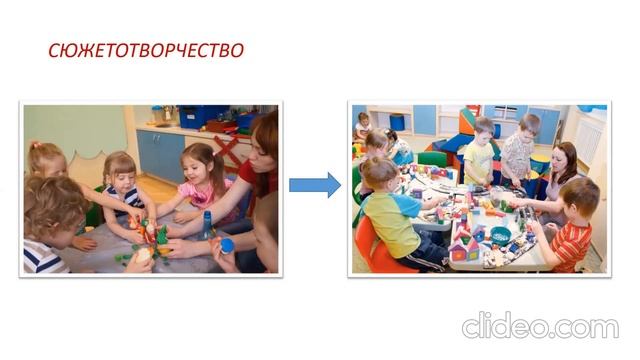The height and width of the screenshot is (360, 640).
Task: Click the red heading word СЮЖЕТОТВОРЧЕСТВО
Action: pyautogui.click(x=146, y=50)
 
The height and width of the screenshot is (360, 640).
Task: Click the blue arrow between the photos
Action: pyautogui.click(x=314, y=185)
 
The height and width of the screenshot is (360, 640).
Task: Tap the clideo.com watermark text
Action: pyautogui.click(x=540, y=327)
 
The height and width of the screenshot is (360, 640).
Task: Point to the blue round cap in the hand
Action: pyautogui.click(x=227, y=244)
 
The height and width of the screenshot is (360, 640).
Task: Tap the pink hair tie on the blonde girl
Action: pyautogui.click(x=32, y=147)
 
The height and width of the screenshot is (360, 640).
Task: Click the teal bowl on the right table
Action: pyautogui.click(x=499, y=237)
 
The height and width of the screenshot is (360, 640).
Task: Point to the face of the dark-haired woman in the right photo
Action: pyautogui.click(x=562, y=160)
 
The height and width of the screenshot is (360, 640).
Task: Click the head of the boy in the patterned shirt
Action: pyautogui.click(x=527, y=125)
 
